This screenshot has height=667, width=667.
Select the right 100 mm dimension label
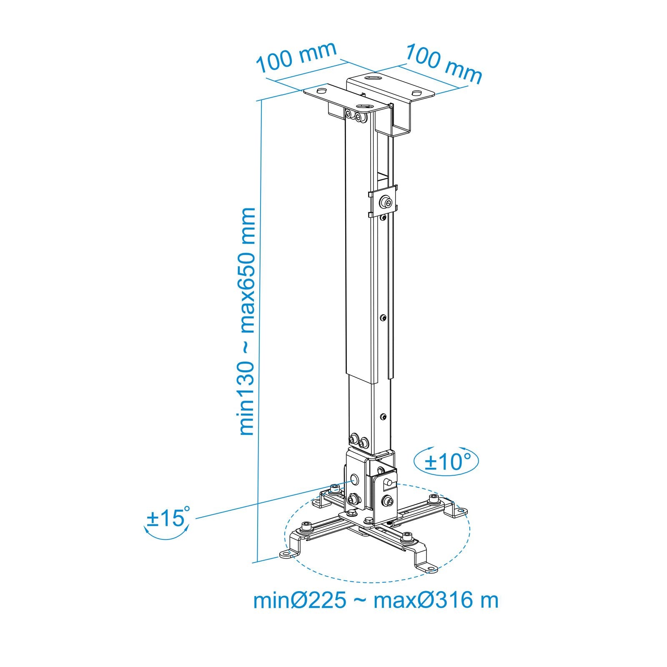click(444, 63)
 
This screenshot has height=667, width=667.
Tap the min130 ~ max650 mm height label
click(247, 321)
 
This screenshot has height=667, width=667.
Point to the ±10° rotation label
click(447, 462)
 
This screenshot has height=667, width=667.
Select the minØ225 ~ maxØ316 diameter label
click(376, 601)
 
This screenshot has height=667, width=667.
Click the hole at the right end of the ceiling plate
click(417, 93)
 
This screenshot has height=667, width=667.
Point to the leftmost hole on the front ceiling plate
click(322, 90)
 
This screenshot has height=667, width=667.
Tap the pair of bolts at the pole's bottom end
click(359, 440)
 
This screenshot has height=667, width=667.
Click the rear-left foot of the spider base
click(319, 503)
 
